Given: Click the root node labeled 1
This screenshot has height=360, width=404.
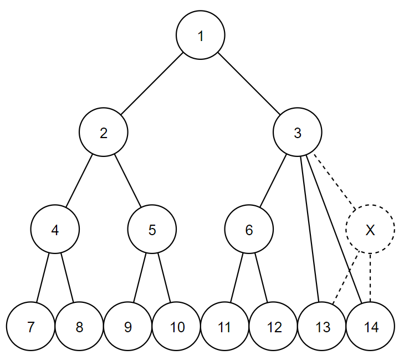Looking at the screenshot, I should pyautogui.click(x=201, y=36).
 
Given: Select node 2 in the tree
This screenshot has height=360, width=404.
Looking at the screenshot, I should pyautogui.click(x=104, y=133).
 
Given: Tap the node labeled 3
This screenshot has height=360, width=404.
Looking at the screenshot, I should pyautogui.click(x=298, y=133).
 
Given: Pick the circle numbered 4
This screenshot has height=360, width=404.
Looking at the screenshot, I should pyautogui.click(x=55, y=230).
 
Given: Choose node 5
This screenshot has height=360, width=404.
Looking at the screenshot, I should pyautogui.click(x=152, y=230).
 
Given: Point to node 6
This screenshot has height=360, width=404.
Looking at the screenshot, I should pyautogui.click(x=249, y=230).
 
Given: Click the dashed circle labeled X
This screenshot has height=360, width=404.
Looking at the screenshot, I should pyautogui.click(x=370, y=230).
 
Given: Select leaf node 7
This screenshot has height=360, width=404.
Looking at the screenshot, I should pyautogui.click(x=31, y=327).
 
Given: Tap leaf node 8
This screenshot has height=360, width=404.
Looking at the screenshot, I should pyautogui.click(x=79, y=327).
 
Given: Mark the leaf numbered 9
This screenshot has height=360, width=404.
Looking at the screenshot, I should pyautogui.click(x=128, y=327).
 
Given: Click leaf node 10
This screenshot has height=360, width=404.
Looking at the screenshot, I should pyautogui.click(x=177, y=327).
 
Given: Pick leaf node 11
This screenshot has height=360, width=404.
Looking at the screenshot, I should pyautogui.click(x=224, y=327).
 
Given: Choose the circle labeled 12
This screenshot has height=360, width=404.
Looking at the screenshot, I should pyautogui.click(x=273, y=327).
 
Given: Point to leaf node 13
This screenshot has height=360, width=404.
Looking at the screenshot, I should pyautogui.click(x=322, y=327).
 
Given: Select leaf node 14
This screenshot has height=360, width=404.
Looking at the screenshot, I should pyautogui.click(x=371, y=327).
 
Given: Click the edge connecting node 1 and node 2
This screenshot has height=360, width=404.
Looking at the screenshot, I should pyautogui.click(x=152, y=84).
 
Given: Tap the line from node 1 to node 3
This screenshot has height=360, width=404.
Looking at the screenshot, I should pyautogui.click(x=249, y=84).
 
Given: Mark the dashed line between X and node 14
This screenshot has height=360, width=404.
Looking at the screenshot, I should pyautogui.click(x=370, y=277).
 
